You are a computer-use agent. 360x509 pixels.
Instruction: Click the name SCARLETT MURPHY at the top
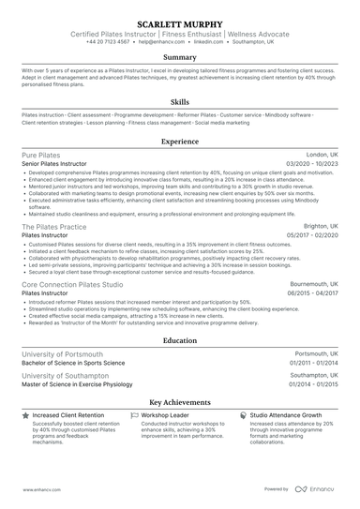click(x=180, y=22)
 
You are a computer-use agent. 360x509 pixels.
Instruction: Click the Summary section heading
click(x=180, y=57)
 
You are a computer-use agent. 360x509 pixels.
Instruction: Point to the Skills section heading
click(x=180, y=101)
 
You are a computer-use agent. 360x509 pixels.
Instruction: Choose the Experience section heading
click(x=180, y=141)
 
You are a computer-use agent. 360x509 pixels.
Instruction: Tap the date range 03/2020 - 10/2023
click(x=310, y=163)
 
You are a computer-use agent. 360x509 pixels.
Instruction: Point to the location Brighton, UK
click(x=322, y=226)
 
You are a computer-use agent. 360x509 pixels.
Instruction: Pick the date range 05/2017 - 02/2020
click(x=310, y=235)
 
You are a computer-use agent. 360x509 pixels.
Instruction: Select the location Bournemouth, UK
click(x=315, y=283)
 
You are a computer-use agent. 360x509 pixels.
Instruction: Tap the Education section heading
click(x=180, y=342)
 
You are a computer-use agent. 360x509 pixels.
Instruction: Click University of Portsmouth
click(x=64, y=355)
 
